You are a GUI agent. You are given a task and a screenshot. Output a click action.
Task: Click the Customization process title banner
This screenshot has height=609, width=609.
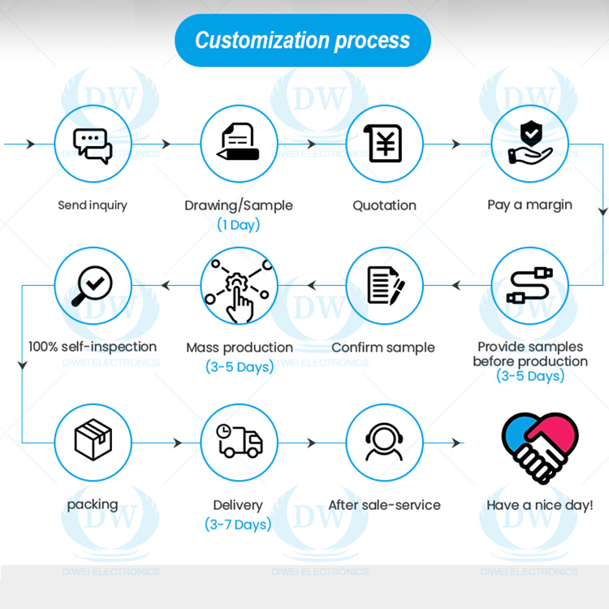(x=303, y=41)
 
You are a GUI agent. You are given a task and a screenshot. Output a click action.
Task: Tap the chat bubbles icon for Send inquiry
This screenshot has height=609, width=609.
(x=93, y=146)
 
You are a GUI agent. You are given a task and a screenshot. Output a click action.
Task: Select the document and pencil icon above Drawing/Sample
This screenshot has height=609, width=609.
(x=238, y=141)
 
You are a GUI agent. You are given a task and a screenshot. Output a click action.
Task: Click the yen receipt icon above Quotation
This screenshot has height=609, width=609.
(x=383, y=143)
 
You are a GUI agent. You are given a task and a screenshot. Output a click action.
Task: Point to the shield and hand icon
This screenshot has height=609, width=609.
(x=530, y=142)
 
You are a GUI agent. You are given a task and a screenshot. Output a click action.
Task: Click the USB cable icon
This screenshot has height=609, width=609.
(x=529, y=285)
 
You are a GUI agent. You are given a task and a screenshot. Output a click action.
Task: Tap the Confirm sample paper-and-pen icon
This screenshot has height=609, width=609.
(x=386, y=286)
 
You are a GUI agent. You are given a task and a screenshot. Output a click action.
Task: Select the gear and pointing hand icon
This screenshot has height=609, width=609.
(x=239, y=291)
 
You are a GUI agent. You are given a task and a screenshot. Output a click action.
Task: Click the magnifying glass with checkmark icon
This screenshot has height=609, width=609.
(x=92, y=286)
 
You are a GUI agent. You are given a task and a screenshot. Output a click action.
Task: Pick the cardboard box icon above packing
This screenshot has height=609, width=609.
(x=93, y=439)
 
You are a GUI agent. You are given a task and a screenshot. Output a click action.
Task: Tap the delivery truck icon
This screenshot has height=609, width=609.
(x=240, y=441)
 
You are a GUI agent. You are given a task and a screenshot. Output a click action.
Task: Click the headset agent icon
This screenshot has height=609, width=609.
(x=384, y=442)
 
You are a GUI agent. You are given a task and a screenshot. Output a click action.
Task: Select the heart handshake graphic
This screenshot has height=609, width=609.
(x=540, y=447)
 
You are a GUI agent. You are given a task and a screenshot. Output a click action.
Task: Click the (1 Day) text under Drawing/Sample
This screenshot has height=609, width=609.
(x=239, y=225)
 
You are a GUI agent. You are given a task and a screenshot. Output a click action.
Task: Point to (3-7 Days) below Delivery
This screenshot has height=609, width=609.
(x=238, y=525)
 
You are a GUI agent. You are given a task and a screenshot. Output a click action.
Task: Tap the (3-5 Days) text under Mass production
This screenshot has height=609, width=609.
(x=240, y=367)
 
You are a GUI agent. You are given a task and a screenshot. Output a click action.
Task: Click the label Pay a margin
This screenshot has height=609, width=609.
(x=529, y=205)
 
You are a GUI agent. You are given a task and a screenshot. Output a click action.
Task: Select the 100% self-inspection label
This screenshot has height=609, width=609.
(x=93, y=347)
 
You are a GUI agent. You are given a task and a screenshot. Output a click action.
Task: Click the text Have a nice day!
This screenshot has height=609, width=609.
(x=540, y=505)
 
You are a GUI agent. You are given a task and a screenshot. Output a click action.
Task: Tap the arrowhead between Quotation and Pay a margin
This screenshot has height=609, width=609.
(x=456, y=144)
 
